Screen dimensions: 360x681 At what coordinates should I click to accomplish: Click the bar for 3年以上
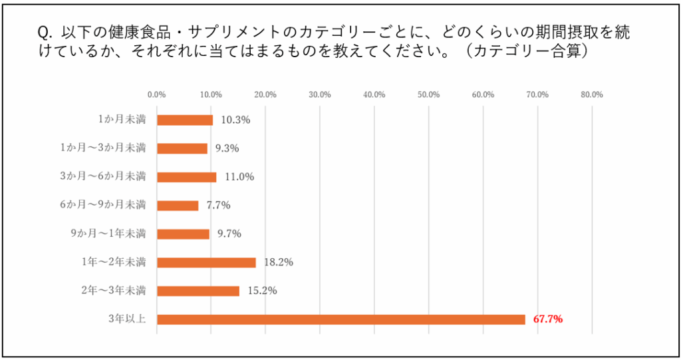(x=340, y=319)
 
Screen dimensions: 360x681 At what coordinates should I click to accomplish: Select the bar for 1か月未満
(x=185, y=120)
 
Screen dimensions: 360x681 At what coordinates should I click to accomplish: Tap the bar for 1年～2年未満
(x=206, y=262)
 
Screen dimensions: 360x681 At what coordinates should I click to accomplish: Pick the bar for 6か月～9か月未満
(x=178, y=205)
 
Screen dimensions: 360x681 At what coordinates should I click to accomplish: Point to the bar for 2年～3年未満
(x=198, y=291)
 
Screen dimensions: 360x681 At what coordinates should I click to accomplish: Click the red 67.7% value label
(x=549, y=319)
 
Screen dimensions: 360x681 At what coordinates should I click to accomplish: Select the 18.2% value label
(x=279, y=262)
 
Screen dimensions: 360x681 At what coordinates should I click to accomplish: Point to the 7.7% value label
(x=218, y=205)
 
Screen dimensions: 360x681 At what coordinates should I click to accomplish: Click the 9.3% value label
(x=227, y=148)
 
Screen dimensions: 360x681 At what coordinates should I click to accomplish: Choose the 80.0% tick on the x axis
(x=591, y=94)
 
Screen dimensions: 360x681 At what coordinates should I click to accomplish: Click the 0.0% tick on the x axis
(x=156, y=94)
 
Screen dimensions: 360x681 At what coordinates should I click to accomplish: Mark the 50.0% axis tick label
(x=428, y=94)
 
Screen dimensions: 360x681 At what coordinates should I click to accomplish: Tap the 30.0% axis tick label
(x=320, y=94)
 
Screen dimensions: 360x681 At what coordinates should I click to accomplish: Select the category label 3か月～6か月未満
(x=103, y=177)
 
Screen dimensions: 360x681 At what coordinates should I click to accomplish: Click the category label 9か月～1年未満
(x=108, y=234)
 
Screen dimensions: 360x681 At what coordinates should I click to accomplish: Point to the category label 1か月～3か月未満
(x=103, y=148)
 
